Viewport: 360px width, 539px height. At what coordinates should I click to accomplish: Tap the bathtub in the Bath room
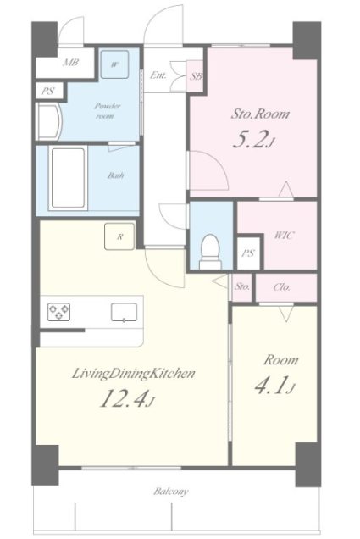click(68, 178)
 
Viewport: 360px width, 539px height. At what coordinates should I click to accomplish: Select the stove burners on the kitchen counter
click(58, 312)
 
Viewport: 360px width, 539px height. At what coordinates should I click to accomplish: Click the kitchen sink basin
click(124, 313)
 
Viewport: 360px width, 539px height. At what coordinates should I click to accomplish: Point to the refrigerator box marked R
click(119, 236)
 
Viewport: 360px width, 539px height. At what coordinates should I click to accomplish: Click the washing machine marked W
click(115, 64)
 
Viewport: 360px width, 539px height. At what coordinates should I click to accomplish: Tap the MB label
click(71, 63)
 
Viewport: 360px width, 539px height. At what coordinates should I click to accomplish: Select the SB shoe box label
click(196, 76)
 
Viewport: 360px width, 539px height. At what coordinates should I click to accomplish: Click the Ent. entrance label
click(158, 75)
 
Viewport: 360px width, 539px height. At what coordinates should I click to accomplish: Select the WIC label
click(284, 236)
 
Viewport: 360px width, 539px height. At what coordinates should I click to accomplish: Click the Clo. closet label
click(282, 286)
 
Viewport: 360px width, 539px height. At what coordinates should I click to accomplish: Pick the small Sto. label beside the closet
click(242, 286)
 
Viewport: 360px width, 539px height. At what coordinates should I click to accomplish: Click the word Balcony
click(171, 492)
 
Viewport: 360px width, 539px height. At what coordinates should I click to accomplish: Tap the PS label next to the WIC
click(248, 253)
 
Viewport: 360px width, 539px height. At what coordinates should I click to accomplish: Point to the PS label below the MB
click(47, 92)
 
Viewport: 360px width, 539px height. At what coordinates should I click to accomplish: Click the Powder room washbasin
click(49, 122)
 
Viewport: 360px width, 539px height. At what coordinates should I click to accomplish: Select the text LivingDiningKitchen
click(133, 374)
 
